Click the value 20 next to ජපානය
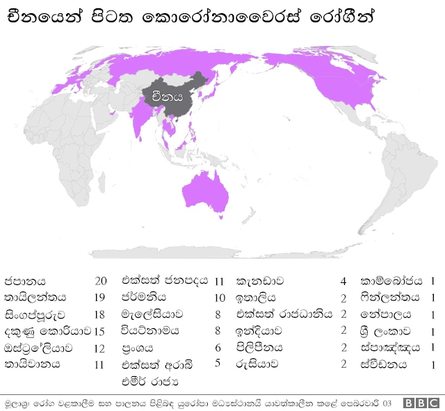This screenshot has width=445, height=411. (x=101, y=282)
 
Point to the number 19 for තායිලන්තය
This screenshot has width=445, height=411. (x=101, y=298)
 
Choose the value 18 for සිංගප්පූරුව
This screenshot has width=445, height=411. (x=101, y=314)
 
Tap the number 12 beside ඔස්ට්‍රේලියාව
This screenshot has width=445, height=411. (x=101, y=347)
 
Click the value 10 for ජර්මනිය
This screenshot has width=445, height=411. (x=220, y=298)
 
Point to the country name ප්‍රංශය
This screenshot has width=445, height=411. (x=137, y=347)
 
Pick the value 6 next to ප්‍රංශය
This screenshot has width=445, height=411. (x=218, y=347)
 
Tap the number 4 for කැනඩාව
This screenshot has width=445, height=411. (x=343, y=282)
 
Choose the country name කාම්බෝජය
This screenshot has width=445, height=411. (x=391, y=282)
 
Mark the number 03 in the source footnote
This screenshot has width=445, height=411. (x=387, y=403)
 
